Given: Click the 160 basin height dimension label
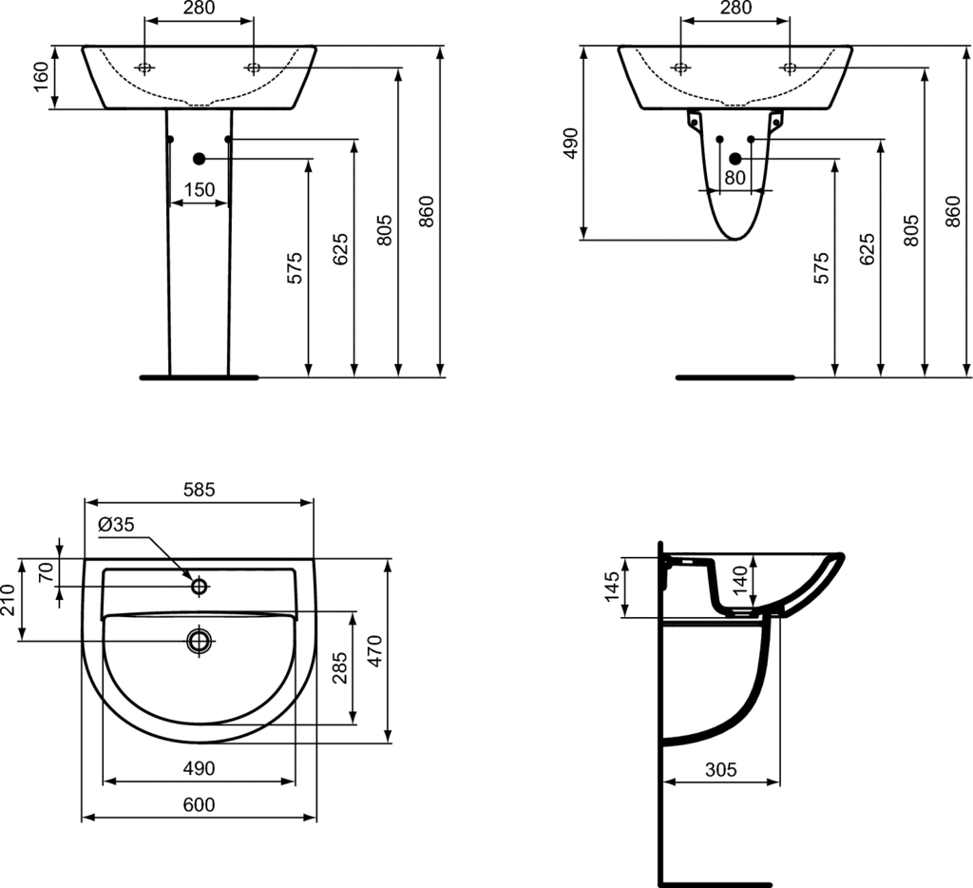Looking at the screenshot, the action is tap(41, 76).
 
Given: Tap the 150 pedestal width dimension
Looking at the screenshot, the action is tap(200, 189).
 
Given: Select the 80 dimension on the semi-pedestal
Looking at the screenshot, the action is tap(735, 178).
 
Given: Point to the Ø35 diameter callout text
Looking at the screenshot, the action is tap(116, 526).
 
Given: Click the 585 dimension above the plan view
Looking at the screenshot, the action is tap(200, 490).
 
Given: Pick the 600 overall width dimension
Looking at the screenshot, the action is tap(200, 804).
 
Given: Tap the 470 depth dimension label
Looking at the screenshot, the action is tap(376, 650).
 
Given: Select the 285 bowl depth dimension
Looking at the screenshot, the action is tap(339, 667).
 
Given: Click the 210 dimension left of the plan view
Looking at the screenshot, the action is tap(8, 599).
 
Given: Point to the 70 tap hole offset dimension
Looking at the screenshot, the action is tap(47, 571).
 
